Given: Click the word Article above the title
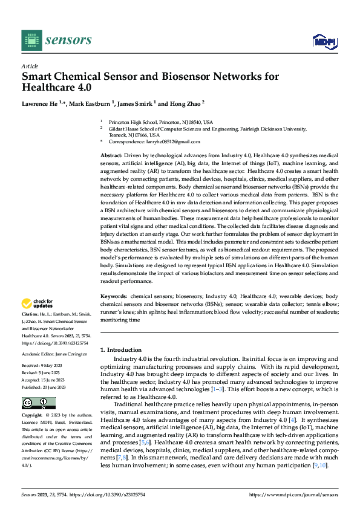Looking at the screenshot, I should pyautogui.click(x=30, y=66).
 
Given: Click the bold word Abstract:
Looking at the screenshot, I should pyautogui.click(x=113, y=156).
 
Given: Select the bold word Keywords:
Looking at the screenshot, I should pyautogui.click(x=114, y=297).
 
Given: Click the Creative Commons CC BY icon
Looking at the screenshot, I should pyautogui.click(x=38, y=403).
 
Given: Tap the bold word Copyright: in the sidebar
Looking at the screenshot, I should pyautogui.click(x=33, y=416).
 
